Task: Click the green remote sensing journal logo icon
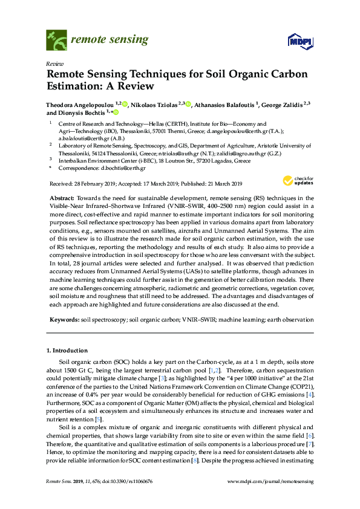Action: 56,39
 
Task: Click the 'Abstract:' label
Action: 62,198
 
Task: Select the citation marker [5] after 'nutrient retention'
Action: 99,419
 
